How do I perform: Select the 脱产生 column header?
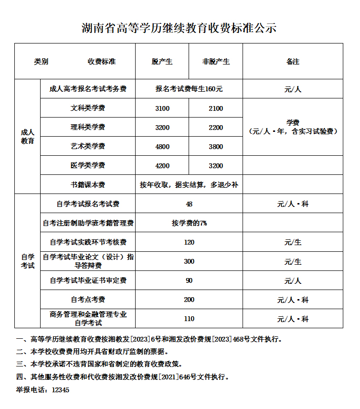coord(162,62)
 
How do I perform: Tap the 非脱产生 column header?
coord(216,62)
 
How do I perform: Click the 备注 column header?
coord(293,62)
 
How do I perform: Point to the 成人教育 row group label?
coord(28,137)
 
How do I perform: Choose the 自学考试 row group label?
coord(28,261)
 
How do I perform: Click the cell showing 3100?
coord(162,108)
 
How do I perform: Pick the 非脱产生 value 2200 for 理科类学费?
coord(216,128)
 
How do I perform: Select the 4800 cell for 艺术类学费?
coord(162,147)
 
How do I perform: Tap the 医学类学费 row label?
coord(88,166)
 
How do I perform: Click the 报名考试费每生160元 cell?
coord(189,89)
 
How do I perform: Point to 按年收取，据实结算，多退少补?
coord(189,185)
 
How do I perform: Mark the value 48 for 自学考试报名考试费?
coord(189,204)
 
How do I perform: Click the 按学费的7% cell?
coord(189,223)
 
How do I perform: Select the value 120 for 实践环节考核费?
coord(189,242)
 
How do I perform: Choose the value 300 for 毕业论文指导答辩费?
coord(189,261)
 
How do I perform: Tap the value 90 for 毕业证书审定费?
coord(189,280)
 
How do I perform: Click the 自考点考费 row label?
coord(88,300)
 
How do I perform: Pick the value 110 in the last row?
coord(189,319)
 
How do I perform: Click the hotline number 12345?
coord(61,390)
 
